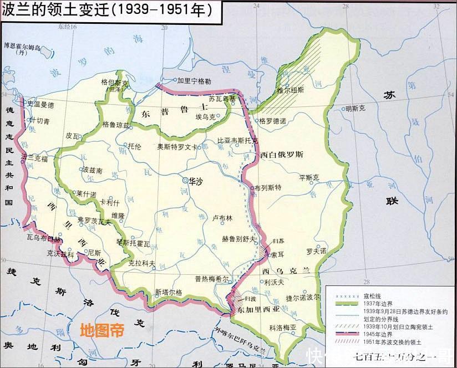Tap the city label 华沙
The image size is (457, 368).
click(x=196, y=181)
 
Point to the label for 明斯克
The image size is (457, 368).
click(x=356, y=109)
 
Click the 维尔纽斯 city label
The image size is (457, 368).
click(x=291, y=89)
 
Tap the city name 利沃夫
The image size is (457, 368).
click(x=275, y=282)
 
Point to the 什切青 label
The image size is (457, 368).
click(x=40, y=120)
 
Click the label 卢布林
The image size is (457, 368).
click(x=222, y=218)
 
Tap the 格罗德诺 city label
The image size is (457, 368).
click(x=272, y=120)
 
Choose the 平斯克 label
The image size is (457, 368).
click(x=309, y=177)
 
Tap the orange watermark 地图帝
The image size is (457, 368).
click(x=101, y=330)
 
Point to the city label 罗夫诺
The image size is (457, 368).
click(x=316, y=251)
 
